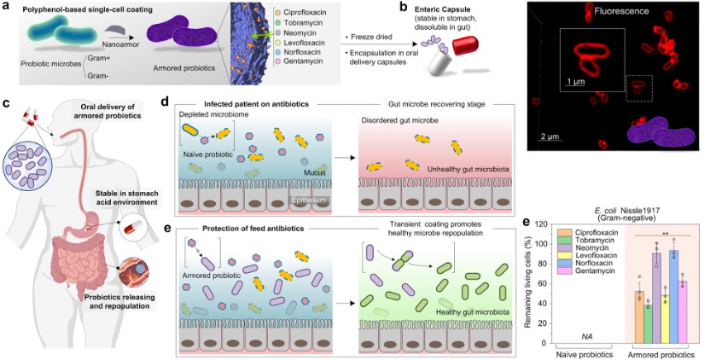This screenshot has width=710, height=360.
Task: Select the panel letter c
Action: point(7,103)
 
